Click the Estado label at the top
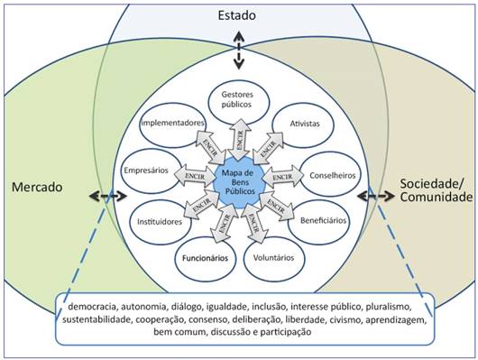point(239,15)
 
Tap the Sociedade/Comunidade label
point(436,189)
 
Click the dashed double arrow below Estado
point(239,50)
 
